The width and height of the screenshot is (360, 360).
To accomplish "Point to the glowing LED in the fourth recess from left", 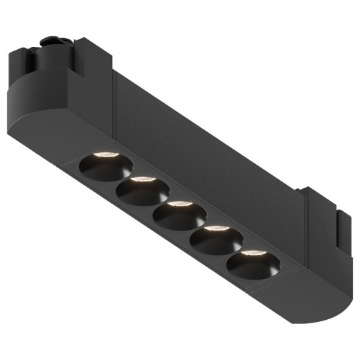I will (x=215, y=229).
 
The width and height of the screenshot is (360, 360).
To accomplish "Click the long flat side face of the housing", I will (x=208, y=138).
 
